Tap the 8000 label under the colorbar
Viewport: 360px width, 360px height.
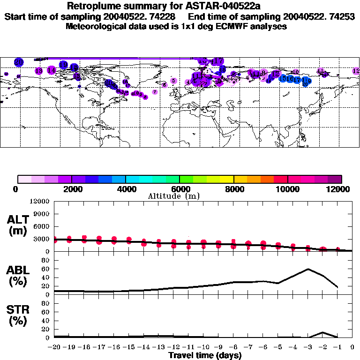233,189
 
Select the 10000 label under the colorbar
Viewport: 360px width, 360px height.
287,189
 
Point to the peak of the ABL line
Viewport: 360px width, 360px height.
308,269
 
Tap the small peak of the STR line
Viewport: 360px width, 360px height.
322,332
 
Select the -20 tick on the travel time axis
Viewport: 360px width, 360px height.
54,347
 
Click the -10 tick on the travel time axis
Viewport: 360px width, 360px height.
203,347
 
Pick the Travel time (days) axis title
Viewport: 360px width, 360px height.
205,356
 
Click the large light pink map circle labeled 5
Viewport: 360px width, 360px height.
174,81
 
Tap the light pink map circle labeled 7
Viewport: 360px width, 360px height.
155,92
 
